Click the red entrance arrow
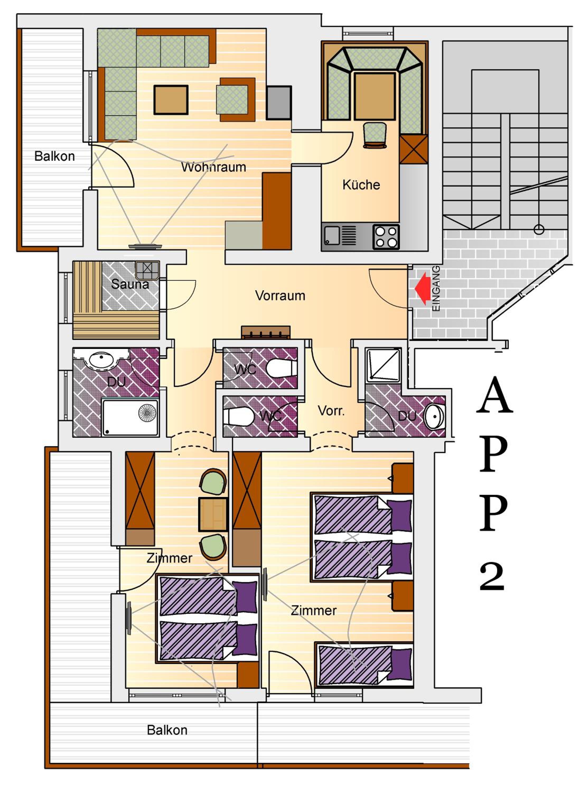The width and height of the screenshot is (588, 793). click(422, 288)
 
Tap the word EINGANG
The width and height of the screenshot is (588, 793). click(436, 288)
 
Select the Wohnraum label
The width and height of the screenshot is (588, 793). click(213, 167)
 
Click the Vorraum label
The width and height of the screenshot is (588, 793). click(280, 296)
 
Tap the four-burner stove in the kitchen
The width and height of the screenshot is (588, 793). click(386, 237)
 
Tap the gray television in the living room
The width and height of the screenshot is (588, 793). click(279, 103)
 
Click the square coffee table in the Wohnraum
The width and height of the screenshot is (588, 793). click(171, 100)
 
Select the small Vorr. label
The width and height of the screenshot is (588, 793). click(331, 411)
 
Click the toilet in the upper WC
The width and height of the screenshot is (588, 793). click(281, 367)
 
